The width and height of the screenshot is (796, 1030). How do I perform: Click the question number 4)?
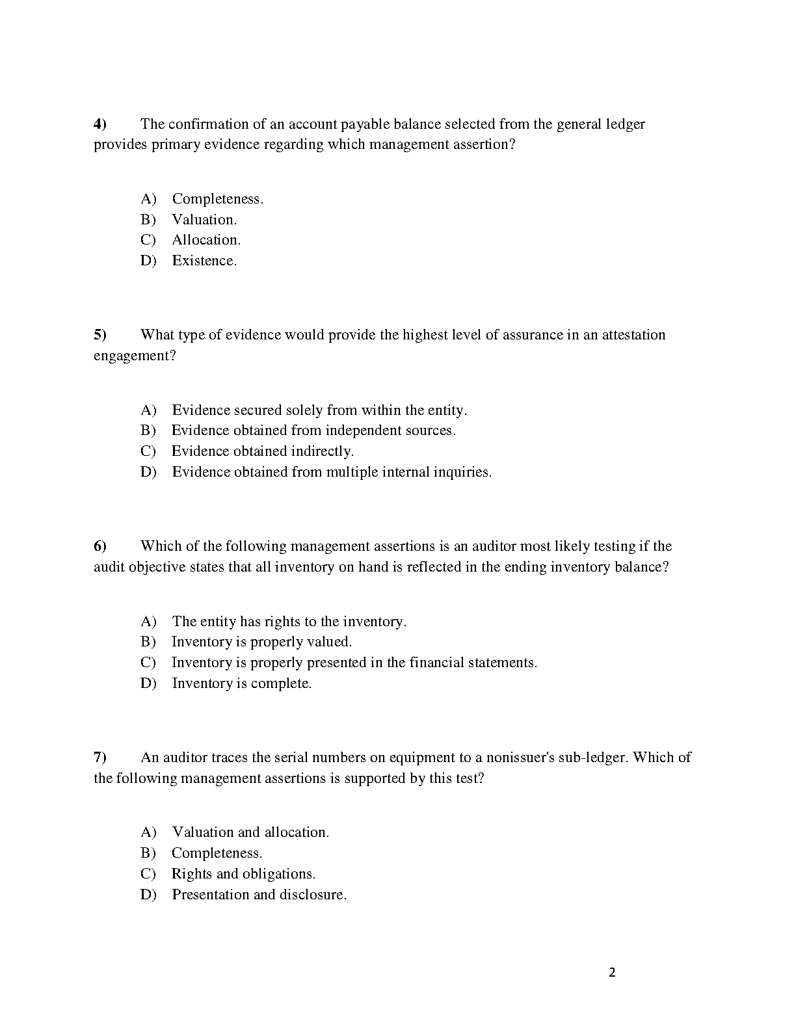click(x=99, y=124)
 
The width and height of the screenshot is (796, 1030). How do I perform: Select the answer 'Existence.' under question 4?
click(x=204, y=261)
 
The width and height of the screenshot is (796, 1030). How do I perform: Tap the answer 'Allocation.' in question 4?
click(x=206, y=240)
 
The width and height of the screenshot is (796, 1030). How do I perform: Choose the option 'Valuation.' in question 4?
click(x=204, y=220)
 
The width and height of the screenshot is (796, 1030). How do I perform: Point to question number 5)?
click(x=99, y=335)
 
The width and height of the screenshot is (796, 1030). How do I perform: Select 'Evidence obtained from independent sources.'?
click(x=313, y=430)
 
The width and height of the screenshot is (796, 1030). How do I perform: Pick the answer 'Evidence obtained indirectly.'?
click(x=263, y=451)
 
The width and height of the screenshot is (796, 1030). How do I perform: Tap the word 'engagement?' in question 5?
click(x=135, y=356)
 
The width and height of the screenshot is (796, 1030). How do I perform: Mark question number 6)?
click(x=99, y=546)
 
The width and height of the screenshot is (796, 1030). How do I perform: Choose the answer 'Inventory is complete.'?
click(x=242, y=683)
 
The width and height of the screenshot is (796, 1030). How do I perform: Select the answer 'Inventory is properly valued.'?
click(x=261, y=642)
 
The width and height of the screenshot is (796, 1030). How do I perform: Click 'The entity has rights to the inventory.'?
click(x=289, y=622)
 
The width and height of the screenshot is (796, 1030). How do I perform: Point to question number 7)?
click(x=99, y=758)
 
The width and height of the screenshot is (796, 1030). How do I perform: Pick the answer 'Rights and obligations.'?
click(x=243, y=874)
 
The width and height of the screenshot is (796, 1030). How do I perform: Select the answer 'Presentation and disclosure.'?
click(x=259, y=895)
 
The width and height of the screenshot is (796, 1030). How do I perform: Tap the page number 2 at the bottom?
click(x=612, y=973)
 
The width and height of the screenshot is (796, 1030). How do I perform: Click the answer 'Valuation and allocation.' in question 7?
click(x=250, y=832)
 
